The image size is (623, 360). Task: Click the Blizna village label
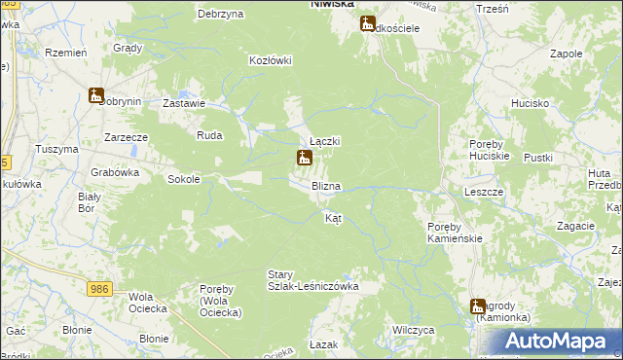point(325,185)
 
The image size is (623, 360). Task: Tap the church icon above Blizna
point(305,158)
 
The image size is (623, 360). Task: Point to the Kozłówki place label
point(271,60)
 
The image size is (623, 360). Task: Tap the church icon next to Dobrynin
point(95,95)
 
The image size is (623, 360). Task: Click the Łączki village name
point(324,141)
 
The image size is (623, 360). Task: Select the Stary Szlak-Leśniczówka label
point(313,280)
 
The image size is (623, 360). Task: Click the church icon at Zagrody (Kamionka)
point(478,306)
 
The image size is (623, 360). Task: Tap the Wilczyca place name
point(413,330)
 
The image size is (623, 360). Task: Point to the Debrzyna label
point(219,14)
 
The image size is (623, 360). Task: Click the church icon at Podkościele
point(368,23)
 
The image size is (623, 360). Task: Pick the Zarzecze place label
point(126,137)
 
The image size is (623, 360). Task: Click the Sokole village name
point(184,179)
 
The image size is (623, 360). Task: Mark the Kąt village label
point(332,218)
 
